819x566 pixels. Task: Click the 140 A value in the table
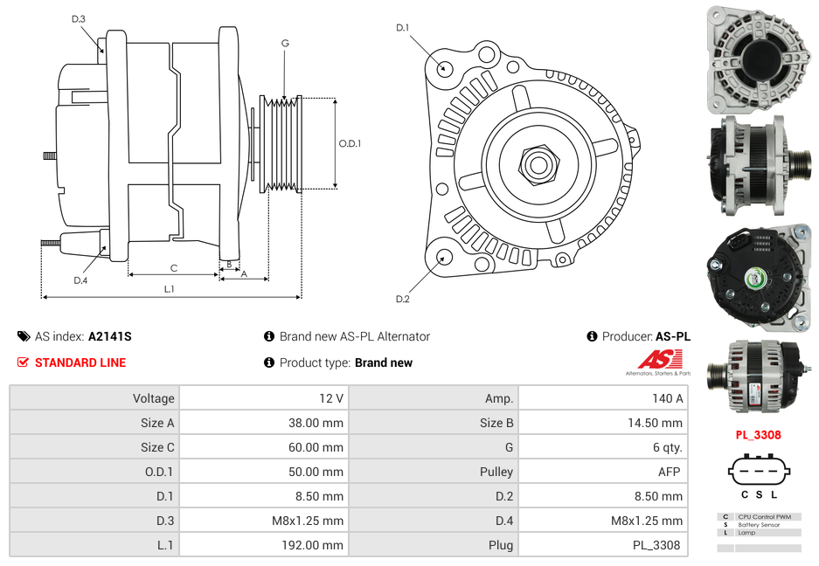click(x=667, y=398)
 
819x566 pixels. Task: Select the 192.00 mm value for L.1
click(x=319, y=545)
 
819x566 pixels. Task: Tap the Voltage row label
click(x=153, y=398)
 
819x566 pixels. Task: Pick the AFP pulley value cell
click(x=669, y=472)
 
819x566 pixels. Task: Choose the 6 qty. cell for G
click(x=667, y=447)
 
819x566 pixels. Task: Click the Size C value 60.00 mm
click(x=319, y=447)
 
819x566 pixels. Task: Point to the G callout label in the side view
click(x=285, y=43)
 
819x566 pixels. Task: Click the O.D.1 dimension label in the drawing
click(x=350, y=144)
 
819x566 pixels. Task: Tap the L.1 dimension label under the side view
click(x=169, y=289)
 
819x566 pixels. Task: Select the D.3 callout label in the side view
click(x=79, y=19)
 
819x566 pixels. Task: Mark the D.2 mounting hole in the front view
click(x=444, y=257)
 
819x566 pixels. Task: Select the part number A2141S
click(x=109, y=336)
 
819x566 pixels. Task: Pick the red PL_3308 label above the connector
click(x=758, y=434)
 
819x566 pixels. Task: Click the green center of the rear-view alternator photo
click(x=753, y=279)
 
